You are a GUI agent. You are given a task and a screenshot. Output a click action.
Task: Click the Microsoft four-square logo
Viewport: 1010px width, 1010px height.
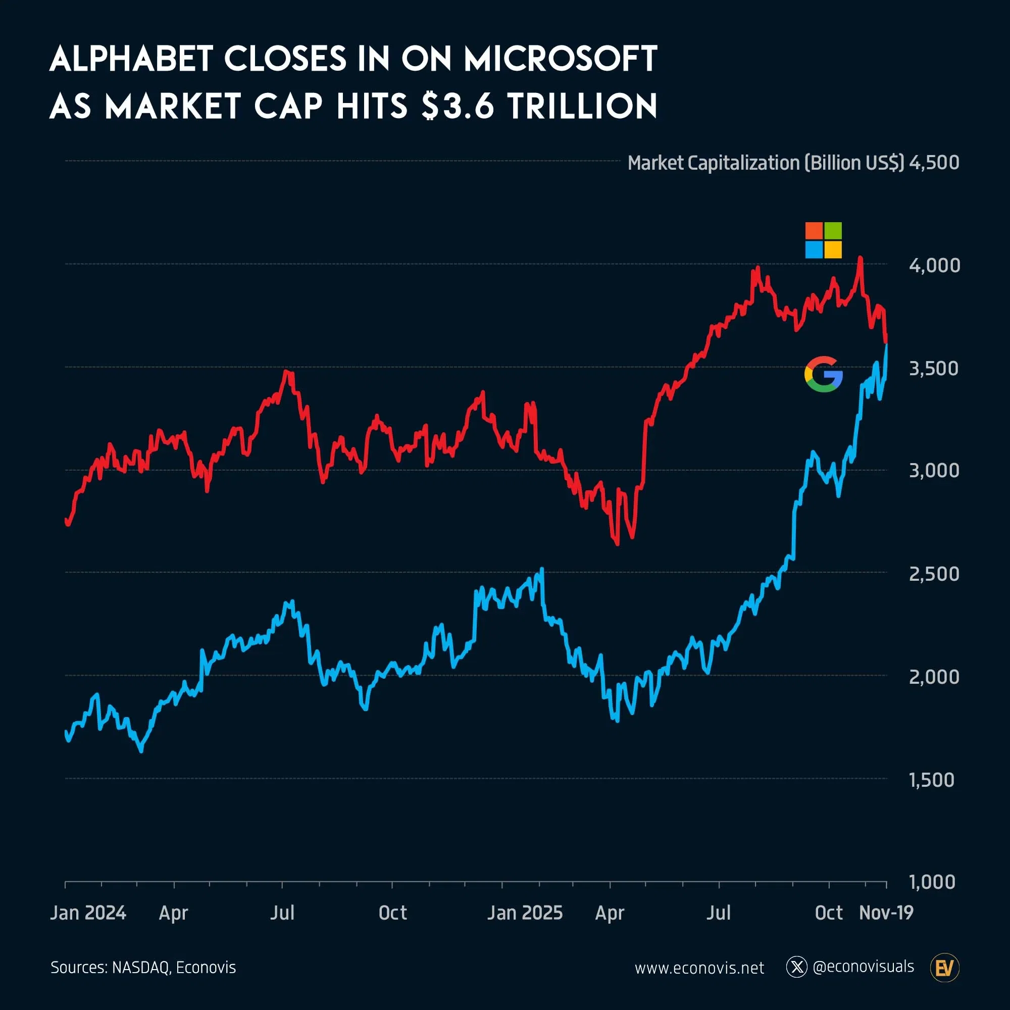pyautogui.click(x=823, y=240)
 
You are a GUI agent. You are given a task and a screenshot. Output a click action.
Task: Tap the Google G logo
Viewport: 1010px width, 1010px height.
pyautogui.click(x=823, y=374)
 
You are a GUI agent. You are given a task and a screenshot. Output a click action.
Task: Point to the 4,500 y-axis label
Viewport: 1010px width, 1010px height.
pyautogui.click(x=934, y=163)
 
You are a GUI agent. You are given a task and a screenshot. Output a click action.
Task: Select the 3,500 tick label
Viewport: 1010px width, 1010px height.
pyautogui.click(x=934, y=369)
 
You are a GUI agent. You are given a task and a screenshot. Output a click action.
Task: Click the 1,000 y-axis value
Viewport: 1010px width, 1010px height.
pyautogui.click(x=932, y=882)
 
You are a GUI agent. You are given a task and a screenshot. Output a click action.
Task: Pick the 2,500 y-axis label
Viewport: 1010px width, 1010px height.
pyautogui.click(x=934, y=574)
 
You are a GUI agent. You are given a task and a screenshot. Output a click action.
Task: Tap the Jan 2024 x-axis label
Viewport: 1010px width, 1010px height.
pyautogui.click(x=88, y=913)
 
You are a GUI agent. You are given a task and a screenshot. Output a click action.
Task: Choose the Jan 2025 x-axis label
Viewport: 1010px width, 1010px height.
pyautogui.click(x=525, y=913)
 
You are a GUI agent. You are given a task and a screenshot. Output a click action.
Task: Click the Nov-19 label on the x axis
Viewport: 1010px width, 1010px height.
pyautogui.click(x=886, y=913)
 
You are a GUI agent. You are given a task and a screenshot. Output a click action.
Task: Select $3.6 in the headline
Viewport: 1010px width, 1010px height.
pyautogui.click(x=458, y=106)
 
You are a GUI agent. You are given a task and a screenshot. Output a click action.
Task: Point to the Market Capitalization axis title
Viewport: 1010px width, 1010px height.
pyautogui.click(x=766, y=163)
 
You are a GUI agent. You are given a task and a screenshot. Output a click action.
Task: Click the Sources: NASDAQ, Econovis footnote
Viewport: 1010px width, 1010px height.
pyautogui.click(x=143, y=968)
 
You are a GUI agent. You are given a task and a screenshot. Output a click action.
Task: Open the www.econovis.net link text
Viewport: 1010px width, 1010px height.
pyautogui.click(x=699, y=968)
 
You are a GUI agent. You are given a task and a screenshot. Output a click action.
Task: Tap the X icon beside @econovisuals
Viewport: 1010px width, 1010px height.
pyautogui.click(x=797, y=967)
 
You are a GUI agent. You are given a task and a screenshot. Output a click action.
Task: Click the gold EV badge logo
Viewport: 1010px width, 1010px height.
pyautogui.click(x=945, y=968)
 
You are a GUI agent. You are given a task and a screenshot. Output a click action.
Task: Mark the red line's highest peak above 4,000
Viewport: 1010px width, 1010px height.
pyautogui.click(x=860, y=258)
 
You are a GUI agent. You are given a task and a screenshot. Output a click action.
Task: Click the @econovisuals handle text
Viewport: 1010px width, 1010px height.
pyautogui.click(x=863, y=967)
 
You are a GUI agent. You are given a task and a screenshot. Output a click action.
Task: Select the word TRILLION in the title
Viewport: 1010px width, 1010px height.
pyautogui.click(x=582, y=106)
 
